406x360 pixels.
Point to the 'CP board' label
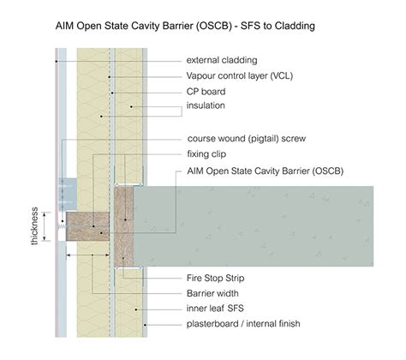[206, 92]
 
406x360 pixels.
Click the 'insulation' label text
[207, 106]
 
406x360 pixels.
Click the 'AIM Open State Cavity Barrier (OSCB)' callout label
[265, 171]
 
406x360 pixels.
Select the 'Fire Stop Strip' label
[216, 279]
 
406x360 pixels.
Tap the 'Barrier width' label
[213, 293]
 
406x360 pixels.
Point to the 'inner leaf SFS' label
[215, 309]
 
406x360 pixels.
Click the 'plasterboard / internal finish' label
[243, 324]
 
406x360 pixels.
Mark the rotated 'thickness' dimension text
[34, 225]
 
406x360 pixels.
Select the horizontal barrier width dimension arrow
[92, 255]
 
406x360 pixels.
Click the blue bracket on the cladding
[67, 189]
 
